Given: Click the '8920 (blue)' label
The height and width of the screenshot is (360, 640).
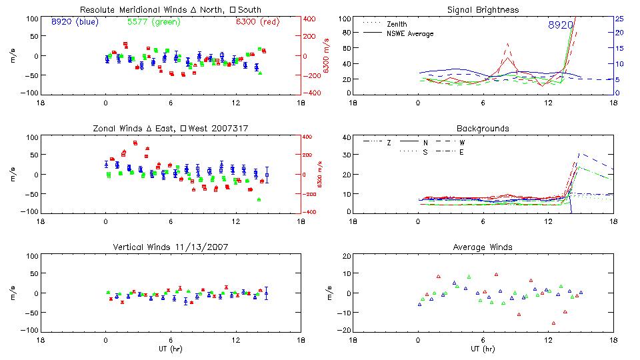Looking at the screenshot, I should coord(74,22).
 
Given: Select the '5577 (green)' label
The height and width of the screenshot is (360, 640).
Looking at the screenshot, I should coord(153,22).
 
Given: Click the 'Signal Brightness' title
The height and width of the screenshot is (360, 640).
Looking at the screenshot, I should coord(483,10).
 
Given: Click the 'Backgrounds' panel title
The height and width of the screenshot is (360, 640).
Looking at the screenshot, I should coord(483,128).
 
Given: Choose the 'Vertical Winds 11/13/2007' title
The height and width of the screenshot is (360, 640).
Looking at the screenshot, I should coord(170,247).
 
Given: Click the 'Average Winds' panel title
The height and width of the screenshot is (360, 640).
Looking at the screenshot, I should coord(483,247).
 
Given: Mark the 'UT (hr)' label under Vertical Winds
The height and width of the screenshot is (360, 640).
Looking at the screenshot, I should coord(170,349).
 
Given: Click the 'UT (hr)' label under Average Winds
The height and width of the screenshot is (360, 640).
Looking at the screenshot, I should coord(483,349).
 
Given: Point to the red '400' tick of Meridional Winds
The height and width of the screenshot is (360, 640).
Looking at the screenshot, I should coord(310,19).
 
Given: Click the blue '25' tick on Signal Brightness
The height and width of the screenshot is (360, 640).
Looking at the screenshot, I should coord(619,19).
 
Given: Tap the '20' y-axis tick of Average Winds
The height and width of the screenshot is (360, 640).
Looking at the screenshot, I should coord(346,256).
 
